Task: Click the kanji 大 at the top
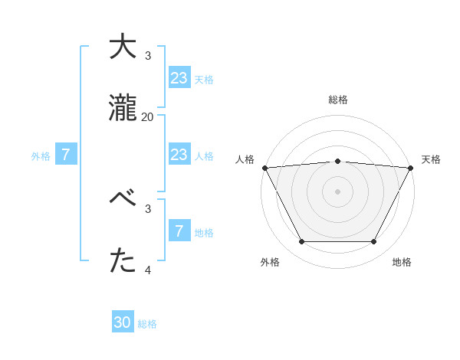pos(123,47)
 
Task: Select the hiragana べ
pos(123,199)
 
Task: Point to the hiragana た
pos(123,261)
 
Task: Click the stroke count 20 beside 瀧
pos(147,117)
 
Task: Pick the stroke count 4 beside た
pos(148,270)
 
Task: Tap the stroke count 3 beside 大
pos(148,56)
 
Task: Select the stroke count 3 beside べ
pos(148,208)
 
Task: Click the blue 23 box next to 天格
pos(179,77)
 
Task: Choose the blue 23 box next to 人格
pos(179,155)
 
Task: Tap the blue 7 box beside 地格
pos(179,231)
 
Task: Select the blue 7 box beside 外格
pos(66,155)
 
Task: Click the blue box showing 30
pos(123,322)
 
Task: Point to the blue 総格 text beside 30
pos(148,324)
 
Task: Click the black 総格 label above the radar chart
pos(338,100)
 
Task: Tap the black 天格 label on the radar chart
pos(432,159)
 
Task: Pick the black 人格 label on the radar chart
pos(245,159)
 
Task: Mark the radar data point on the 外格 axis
pos(301,242)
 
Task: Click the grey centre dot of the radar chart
pos(337,191)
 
